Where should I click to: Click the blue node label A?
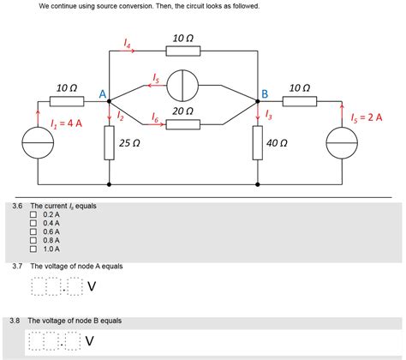pyautogui.click(x=102, y=93)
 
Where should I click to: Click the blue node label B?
pyautogui.click(x=265, y=93)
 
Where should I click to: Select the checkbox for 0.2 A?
pyautogui.click(x=34, y=214)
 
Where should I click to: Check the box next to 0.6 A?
pyautogui.click(x=34, y=231)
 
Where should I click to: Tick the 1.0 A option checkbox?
pyautogui.click(x=34, y=249)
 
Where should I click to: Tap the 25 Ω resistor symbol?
pyautogui.click(x=110, y=143)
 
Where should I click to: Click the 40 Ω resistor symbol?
pyautogui.click(x=258, y=143)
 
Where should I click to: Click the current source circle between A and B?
pyautogui.click(x=183, y=86)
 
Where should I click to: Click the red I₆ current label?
pyautogui.click(x=155, y=116)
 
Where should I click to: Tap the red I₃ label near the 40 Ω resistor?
pyautogui.click(x=269, y=113)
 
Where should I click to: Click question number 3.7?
pyautogui.click(x=17, y=267)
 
